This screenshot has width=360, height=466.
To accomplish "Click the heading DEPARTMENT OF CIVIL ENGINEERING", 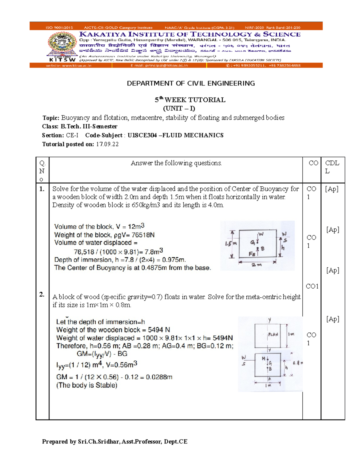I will [191, 83].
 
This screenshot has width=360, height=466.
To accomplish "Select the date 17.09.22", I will [107, 144].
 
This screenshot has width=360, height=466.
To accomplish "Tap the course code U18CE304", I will [142, 135].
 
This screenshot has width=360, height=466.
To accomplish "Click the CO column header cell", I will [313, 163].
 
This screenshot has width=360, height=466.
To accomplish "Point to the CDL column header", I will [332, 167].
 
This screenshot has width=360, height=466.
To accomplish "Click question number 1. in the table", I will [42, 189].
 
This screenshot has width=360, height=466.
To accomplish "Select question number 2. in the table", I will [42, 294].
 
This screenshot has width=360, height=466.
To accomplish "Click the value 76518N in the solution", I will [143, 235].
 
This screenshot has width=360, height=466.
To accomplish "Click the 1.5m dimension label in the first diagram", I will [231, 244].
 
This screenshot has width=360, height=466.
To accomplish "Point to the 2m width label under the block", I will [257, 265].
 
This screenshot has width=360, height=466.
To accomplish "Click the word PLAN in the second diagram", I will [273, 334].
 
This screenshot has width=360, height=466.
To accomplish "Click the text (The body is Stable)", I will [87, 385].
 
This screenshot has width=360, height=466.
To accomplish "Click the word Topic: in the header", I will [51, 118].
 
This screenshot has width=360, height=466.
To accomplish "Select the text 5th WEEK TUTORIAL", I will [190, 100].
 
